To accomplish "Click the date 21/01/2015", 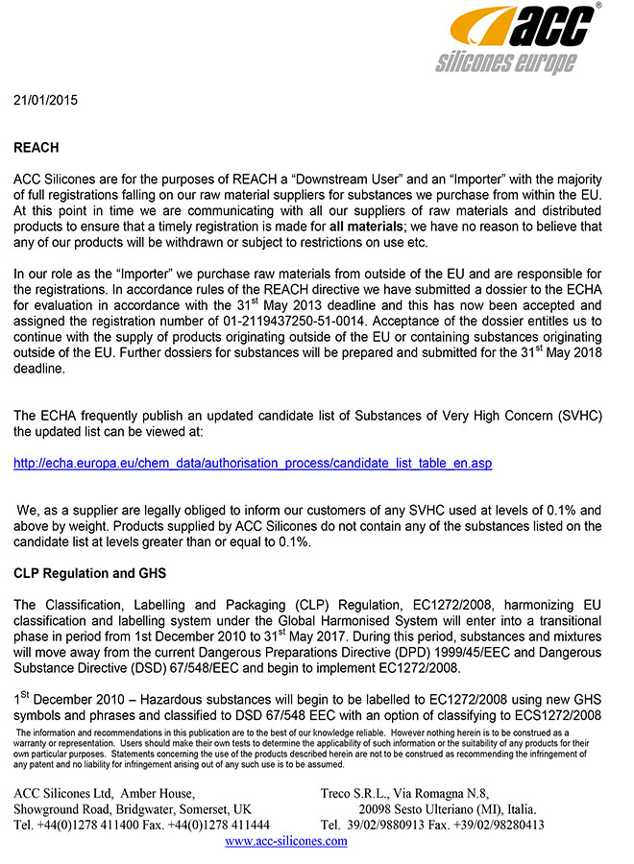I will click(45, 100).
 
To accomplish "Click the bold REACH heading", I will click(36, 148).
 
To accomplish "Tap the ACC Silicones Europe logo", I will click(520, 38).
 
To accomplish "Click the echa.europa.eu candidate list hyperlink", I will click(253, 464).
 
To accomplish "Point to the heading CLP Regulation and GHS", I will click(89, 574).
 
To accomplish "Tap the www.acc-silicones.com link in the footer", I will click(285, 841).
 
